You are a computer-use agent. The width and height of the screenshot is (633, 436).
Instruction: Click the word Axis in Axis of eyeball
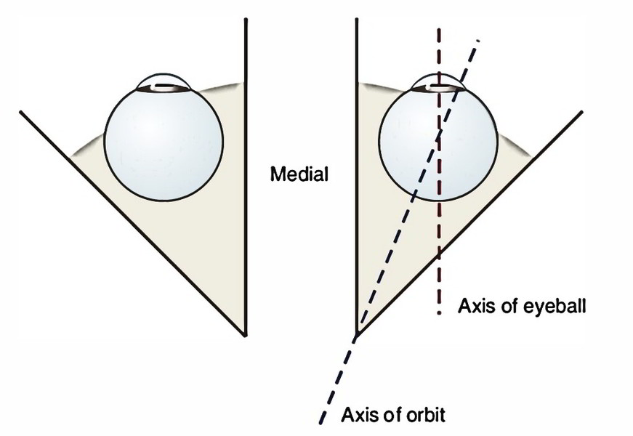tap(474, 306)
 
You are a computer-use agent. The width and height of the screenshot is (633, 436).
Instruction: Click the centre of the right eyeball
tap(440, 141)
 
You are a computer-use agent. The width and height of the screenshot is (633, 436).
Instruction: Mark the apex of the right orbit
tap(356, 335)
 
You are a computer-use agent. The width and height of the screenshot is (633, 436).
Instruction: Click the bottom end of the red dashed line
tap(438, 313)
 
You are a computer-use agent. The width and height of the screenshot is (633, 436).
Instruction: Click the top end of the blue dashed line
tap(479, 39)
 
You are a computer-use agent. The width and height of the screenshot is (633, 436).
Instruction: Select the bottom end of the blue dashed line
tap(320, 421)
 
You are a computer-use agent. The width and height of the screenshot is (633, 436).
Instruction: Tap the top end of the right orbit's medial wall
tap(356, 20)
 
